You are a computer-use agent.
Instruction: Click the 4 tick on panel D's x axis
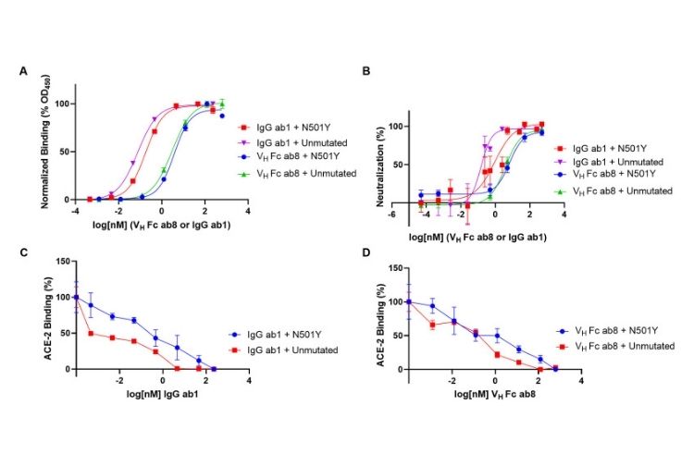[581, 380]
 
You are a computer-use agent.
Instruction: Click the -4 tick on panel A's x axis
[75, 211]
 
